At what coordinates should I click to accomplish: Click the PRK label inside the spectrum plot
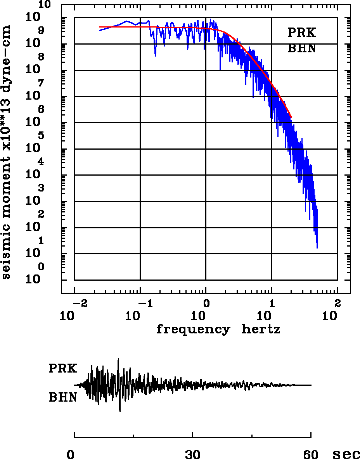pyautogui.click(x=301, y=33)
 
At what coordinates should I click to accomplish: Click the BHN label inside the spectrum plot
pyautogui.click(x=301, y=49)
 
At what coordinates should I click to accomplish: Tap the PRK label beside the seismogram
pyautogui.click(x=62, y=368)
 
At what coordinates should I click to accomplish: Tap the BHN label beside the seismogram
pyautogui.click(x=62, y=397)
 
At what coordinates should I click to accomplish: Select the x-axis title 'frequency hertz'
pyautogui.click(x=218, y=330)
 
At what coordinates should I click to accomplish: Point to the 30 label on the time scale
pyautogui.click(x=193, y=454)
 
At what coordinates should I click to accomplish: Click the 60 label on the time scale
pyautogui.click(x=311, y=454)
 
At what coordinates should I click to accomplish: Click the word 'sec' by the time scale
pyautogui.click(x=346, y=454)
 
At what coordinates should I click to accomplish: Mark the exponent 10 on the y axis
pyautogui.click(x=45, y=5)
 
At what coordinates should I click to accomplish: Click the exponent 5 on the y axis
pyautogui.click(x=41, y=136)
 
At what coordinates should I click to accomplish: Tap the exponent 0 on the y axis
pyautogui.click(x=41, y=267)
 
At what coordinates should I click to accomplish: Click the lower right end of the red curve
pyautogui.click(x=291, y=117)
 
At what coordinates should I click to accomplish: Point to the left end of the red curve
pyautogui.click(x=100, y=27)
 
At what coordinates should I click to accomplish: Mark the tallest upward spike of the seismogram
pyautogui.click(x=118, y=359)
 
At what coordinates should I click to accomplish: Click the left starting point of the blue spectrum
pyautogui.click(x=100, y=30)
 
